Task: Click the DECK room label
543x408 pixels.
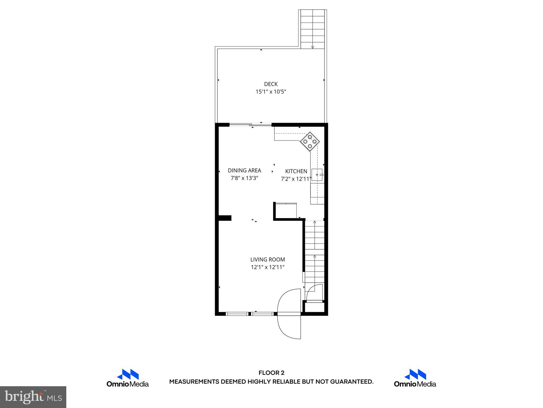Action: click(x=271, y=84)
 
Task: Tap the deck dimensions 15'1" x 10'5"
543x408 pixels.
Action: click(x=271, y=92)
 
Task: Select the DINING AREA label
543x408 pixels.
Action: click(x=244, y=171)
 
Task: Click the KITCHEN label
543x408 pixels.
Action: click(x=296, y=171)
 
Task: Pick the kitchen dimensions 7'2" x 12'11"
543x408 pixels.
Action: click(x=296, y=179)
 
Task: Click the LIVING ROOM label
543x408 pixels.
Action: click(x=268, y=260)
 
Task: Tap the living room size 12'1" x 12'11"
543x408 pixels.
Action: click(x=268, y=267)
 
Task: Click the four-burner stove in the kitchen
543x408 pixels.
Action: click(x=310, y=142)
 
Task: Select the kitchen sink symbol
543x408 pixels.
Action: click(x=317, y=175)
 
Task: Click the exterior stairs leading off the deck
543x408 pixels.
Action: click(x=313, y=29)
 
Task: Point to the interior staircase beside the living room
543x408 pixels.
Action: click(x=314, y=252)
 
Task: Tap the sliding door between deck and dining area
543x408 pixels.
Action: click(x=251, y=125)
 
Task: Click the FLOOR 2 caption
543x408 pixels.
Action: click(x=271, y=373)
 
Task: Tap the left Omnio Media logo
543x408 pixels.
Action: click(x=128, y=378)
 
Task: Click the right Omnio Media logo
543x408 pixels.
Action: click(x=415, y=378)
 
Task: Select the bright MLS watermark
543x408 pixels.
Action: click(x=33, y=397)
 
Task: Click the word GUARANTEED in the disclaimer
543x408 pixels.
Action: click(x=351, y=382)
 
